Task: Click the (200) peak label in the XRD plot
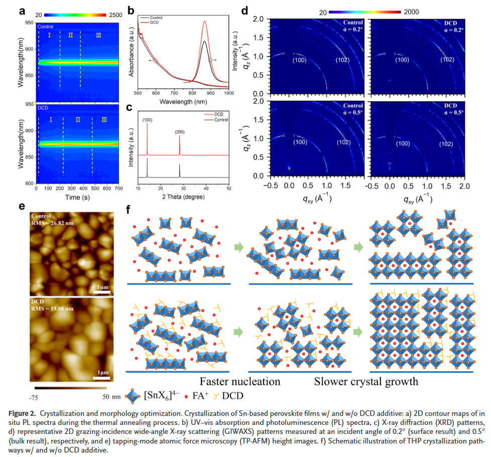[180, 132]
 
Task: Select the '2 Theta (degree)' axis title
[183, 197]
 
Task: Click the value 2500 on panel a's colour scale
[115, 16]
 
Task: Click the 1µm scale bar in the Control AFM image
[101, 291]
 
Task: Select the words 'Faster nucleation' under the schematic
[240, 381]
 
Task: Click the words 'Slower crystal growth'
[366, 381]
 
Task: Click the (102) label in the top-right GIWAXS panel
[447, 60]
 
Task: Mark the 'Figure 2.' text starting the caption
[23, 413]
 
